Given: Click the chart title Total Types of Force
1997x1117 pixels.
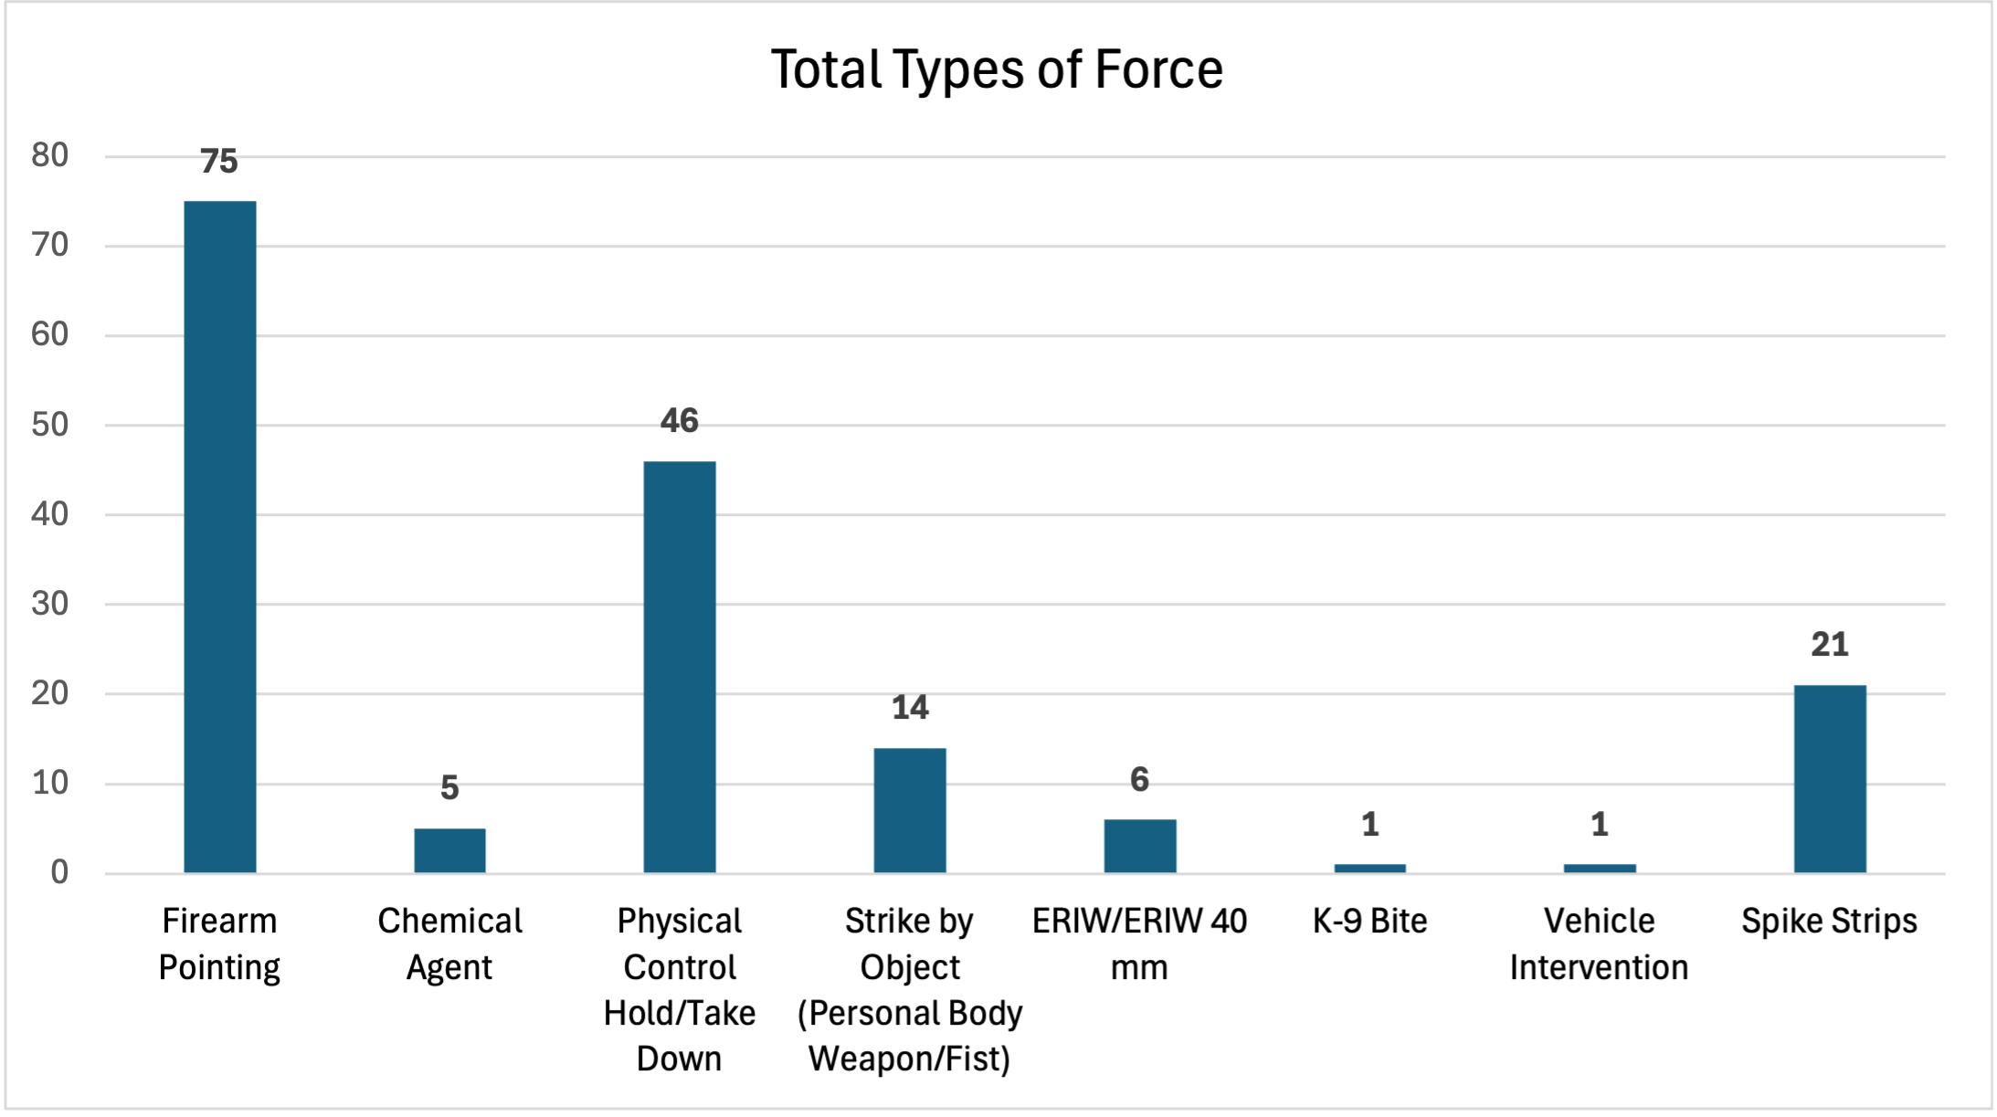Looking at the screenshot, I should click(x=997, y=69).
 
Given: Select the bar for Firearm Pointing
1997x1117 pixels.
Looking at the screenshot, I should click(x=220, y=537).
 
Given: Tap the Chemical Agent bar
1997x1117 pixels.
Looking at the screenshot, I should click(x=449, y=850).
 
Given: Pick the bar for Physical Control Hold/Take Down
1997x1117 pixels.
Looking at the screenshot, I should click(x=680, y=667).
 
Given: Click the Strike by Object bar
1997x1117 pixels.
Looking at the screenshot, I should click(x=910, y=810).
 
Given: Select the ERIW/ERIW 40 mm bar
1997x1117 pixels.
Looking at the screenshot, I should click(x=1139, y=846).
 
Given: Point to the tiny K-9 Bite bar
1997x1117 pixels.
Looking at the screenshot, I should click(x=1369, y=868).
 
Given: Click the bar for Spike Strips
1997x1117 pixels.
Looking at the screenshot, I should click(x=1830, y=779).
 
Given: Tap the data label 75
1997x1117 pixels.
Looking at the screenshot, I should click(x=219, y=162).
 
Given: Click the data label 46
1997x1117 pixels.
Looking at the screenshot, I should click(x=680, y=421).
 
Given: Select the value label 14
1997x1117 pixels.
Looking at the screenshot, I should click(x=910, y=708).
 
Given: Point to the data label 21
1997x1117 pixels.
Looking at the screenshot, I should click(x=1830, y=645).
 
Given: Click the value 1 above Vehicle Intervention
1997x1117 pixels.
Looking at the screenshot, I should click(x=1600, y=825).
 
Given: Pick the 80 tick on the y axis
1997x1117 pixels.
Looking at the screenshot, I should click(x=50, y=155).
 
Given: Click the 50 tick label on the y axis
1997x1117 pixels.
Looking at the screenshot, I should click(x=50, y=425).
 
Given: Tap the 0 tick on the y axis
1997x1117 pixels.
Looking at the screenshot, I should click(x=59, y=872).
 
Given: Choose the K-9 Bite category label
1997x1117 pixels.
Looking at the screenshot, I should click(x=1369, y=921).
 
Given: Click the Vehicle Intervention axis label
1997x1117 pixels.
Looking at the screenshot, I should click(x=1600, y=943).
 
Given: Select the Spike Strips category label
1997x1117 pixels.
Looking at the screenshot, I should click(x=1830, y=921).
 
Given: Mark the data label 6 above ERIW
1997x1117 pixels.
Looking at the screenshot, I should click(x=1139, y=780).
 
